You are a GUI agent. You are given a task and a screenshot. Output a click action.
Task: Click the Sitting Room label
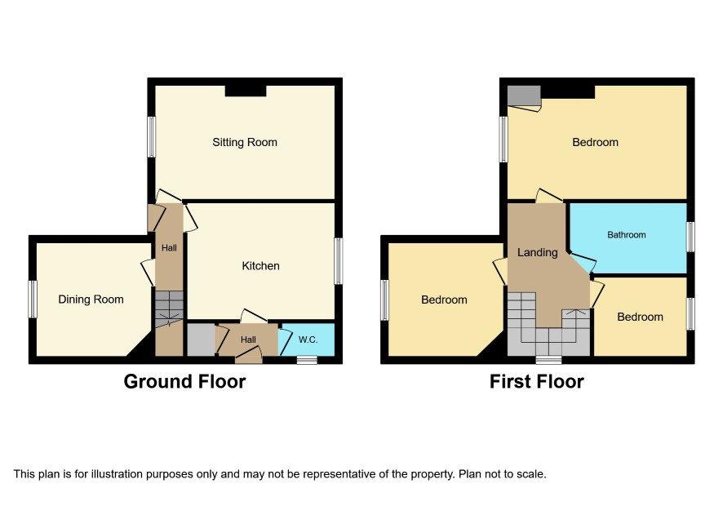tap(244, 142)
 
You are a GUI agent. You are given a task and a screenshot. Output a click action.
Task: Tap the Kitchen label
tap(260, 266)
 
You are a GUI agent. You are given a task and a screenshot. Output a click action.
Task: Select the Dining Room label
tap(91, 300)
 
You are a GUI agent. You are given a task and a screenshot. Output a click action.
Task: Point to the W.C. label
tap(308, 340)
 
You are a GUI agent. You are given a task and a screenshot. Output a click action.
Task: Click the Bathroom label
tap(626, 235)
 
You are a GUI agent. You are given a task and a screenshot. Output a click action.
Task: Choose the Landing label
tap(537, 252)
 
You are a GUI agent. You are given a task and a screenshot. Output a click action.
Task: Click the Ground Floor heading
tap(184, 381)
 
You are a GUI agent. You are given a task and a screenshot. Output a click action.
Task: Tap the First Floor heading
tap(537, 381)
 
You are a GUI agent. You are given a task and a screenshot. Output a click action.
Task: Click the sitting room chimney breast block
tap(246, 91)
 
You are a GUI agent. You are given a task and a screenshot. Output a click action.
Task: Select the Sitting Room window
tap(151, 136)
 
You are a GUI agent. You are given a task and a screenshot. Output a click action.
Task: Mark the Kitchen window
tap(339, 260)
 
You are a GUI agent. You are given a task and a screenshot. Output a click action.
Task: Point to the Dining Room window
tap(33, 300)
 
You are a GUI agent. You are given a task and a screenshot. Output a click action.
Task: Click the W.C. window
tap(307, 360)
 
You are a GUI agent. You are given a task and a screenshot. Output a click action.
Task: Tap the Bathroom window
tap(690, 237)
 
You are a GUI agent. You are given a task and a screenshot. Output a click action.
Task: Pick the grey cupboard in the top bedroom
tap(524, 95)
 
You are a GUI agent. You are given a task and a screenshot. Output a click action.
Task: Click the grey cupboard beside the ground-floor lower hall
tap(201, 340)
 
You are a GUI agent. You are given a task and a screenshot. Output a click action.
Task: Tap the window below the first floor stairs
tap(548, 360)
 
